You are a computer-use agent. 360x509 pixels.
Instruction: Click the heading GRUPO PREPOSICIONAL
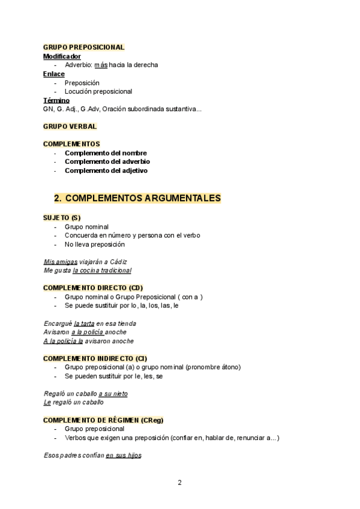[83, 47]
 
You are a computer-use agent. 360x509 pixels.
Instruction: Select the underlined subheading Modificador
[62, 56]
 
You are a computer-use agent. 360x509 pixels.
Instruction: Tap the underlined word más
[101, 65]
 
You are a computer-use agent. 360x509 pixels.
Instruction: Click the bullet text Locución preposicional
[98, 91]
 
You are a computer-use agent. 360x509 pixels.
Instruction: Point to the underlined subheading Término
[56, 100]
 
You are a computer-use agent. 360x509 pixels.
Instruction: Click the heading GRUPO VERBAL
[70, 126]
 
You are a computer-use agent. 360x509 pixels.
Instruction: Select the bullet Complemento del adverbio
[107, 161]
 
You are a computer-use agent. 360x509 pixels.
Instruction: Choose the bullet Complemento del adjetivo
[106, 170]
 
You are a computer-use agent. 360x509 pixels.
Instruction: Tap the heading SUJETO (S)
[62, 217]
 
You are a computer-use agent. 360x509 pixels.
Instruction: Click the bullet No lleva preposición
[95, 244]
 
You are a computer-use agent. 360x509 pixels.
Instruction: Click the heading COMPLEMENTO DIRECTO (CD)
[93, 288]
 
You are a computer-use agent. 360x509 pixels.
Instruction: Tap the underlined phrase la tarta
[84, 323]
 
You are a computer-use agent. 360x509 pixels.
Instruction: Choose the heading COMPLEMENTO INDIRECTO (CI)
[95, 358]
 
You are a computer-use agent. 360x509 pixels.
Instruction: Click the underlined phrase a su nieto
[113, 394]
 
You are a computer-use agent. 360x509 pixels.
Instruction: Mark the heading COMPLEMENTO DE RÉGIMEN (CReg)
[103, 420]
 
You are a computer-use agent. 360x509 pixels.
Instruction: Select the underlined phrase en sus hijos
[123, 456]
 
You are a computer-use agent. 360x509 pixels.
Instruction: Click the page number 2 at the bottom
[179, 482]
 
